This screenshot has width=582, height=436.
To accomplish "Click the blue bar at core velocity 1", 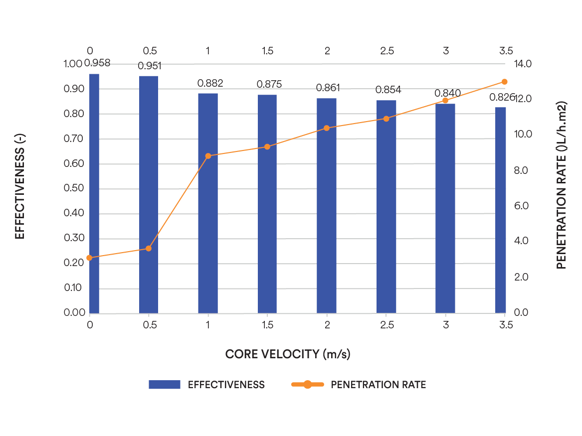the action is (208, 203).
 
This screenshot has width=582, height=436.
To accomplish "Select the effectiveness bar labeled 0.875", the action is (267, 204).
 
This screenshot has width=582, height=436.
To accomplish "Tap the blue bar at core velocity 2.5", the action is (386, 206).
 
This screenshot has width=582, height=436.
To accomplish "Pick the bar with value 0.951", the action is (149, 195).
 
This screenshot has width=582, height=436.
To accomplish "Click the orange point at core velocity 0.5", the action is (149, 249).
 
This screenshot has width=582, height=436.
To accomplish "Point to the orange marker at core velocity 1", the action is (208, 156).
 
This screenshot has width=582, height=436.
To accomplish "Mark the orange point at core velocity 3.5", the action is (504, 82).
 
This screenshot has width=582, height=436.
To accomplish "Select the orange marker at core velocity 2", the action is (327, 128).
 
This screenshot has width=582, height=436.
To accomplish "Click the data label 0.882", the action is (210, 83).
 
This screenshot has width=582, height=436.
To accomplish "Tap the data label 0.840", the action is (448, 93).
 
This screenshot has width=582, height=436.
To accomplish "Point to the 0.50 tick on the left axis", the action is (74, 188).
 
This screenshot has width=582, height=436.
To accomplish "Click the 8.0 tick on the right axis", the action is (521, 170).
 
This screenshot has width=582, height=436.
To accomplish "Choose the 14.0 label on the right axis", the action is (523, 64).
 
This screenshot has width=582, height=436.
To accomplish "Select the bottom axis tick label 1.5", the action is (267, 325).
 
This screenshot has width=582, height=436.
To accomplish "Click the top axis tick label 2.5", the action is (387, 51).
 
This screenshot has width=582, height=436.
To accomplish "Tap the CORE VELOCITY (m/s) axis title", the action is (288, 354).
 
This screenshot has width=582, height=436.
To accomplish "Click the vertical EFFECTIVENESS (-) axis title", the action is (19, 186).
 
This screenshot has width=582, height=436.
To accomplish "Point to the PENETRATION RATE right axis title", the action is (562, 185).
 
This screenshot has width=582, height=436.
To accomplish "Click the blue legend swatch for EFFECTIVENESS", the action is (165, 385).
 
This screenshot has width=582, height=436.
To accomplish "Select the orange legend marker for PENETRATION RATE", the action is (307, 385).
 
